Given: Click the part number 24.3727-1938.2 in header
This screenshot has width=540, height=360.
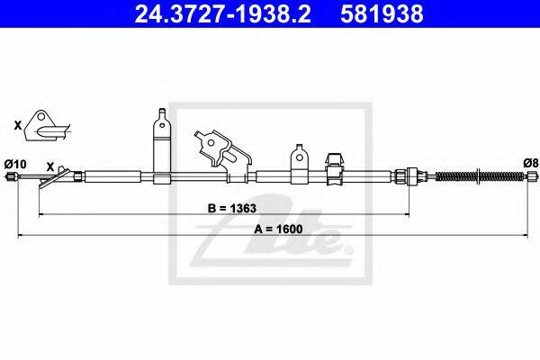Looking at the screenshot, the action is (x=222, y=13).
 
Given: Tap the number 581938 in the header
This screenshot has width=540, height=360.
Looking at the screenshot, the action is (x=382, y=13).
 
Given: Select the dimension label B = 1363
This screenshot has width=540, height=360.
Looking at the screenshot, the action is (x=232, y=209).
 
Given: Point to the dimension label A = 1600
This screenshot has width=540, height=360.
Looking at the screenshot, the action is (x=278, y=229).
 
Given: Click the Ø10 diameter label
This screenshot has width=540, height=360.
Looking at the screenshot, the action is (x=15, y=164).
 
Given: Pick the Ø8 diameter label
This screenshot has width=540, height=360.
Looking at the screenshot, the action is (x=531, y=163).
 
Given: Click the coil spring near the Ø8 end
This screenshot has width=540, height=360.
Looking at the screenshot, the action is (x=481, y=176).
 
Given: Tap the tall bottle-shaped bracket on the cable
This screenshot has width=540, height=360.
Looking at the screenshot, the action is (x=162, y=146).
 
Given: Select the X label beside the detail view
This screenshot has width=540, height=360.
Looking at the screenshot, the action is (x=18, y=125).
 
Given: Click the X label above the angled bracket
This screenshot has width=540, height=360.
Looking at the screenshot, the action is (x=50, y=167).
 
